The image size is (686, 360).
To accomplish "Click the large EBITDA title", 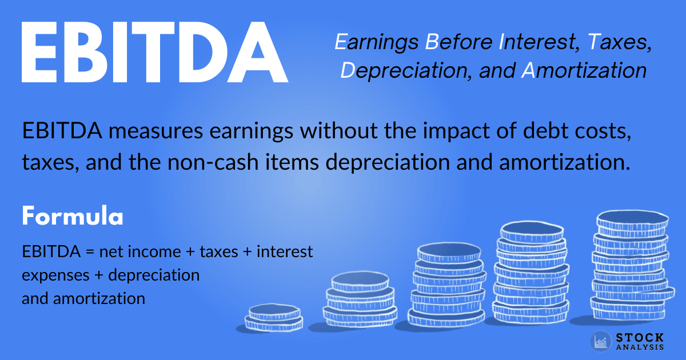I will coord(154,53).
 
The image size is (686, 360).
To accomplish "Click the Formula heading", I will coord(72,217).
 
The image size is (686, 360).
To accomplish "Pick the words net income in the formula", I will coord(147,251).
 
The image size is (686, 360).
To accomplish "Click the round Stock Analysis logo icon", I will coord(601,341).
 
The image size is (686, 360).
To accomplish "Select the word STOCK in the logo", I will coord(639,338).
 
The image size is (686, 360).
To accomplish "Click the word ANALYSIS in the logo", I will coord(639,347).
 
